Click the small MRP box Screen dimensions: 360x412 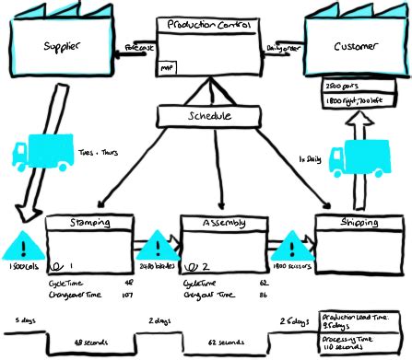click(167, 67)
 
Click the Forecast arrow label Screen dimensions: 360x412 click(138, 46)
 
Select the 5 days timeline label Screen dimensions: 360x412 click(25, 319)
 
